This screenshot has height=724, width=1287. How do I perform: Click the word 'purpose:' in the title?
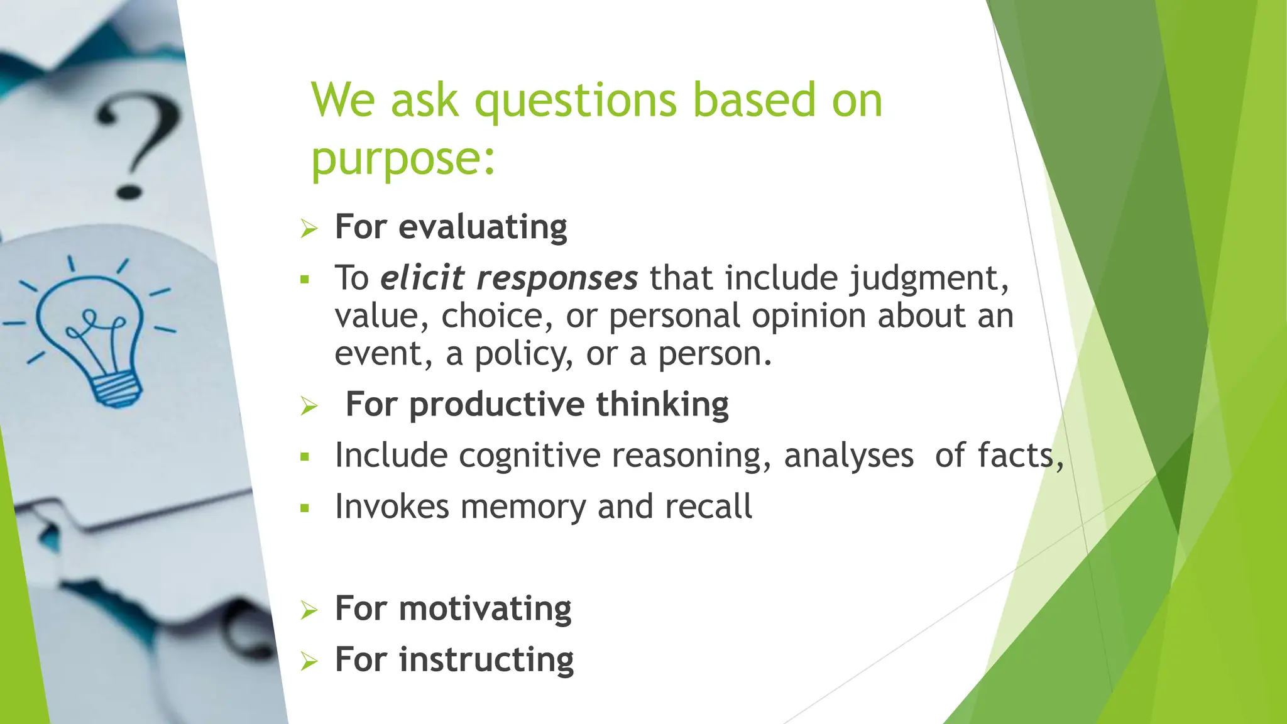403,158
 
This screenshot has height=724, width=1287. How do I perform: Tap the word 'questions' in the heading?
575,101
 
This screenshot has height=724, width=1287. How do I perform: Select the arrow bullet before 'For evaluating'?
309,228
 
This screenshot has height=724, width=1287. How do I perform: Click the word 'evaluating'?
482,227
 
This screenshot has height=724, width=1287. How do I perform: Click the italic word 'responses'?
557,278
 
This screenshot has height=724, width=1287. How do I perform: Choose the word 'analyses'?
848,455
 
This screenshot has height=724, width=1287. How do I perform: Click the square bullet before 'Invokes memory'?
305,508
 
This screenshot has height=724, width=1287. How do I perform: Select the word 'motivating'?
485,608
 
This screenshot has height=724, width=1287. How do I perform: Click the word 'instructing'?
486,659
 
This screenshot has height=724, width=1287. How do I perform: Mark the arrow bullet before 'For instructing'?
309,661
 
